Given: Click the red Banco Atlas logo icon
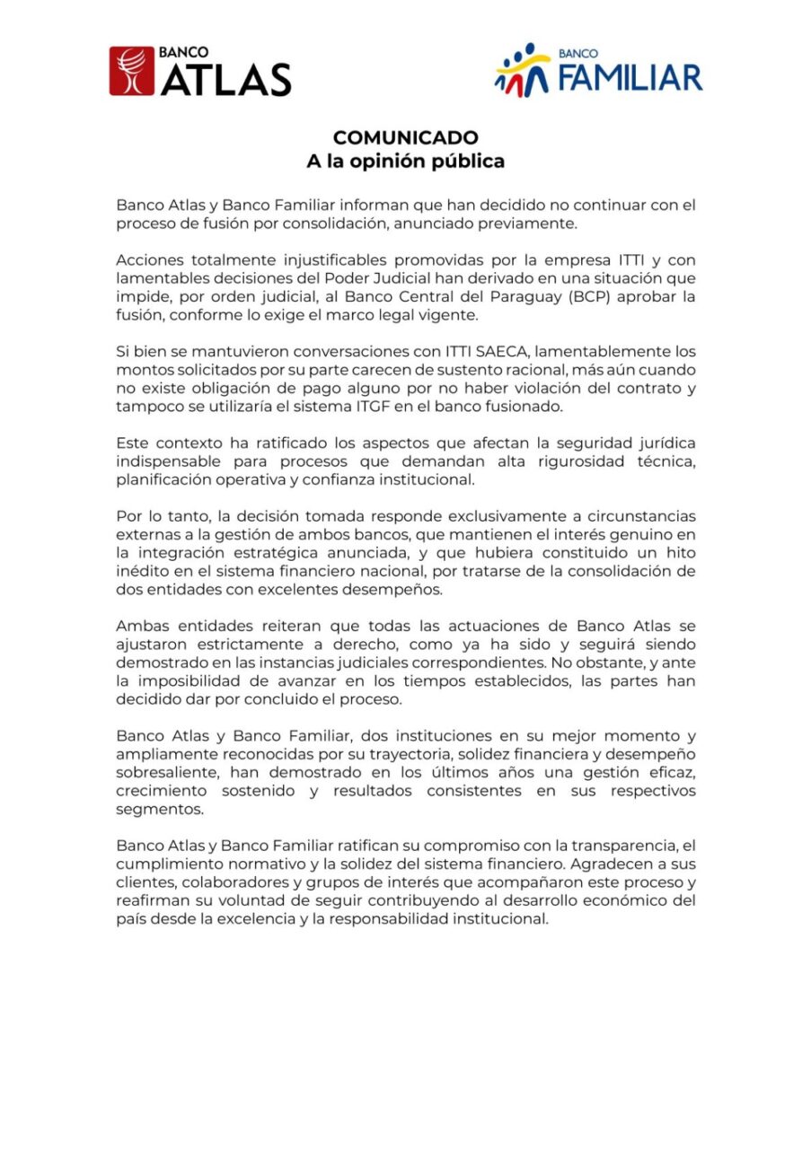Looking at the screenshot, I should (x=132, y=71).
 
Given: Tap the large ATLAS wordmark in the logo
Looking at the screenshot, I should (x=225, y=80).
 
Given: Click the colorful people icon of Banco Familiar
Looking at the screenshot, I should (x=522, y=70).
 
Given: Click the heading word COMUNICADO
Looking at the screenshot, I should (x=405, y=137).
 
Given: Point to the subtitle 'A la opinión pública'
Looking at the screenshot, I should (x=405, y=162).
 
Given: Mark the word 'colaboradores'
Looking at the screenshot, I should (x=218, y=882).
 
